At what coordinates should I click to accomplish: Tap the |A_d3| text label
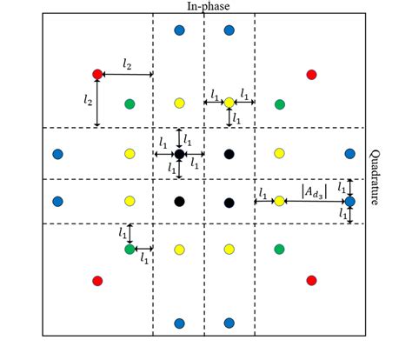pyautogui.click(x=314, y=190)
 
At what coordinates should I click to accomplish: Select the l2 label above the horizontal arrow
pyautogui.click(x=127, y=65)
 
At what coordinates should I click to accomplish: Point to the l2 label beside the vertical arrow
pyautogui.click(x=88, y=101)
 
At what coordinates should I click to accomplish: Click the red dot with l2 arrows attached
pyautogui.click(x=97, y=75)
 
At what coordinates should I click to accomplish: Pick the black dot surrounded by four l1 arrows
pyautogui.click(x=179, y=155)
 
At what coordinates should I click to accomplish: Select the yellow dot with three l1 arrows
pyautogui.click(x=229, y=103)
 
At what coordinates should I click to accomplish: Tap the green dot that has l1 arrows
pyautogui.click(x=130, y=250)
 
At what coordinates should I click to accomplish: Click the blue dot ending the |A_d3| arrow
pyautogui.click(x=349, y=202)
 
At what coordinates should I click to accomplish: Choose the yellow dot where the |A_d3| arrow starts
pyautogui.click(x=279, y=202)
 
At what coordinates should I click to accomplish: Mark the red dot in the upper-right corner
pyautogui.click(x=312, y=75)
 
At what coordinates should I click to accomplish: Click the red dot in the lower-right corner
pyautogui.click(x=312, y=280)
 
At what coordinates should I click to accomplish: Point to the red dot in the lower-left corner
pyautogui.click(x=97, y=280)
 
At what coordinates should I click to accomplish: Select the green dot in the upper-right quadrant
pyautogui.click(x=280, y=104)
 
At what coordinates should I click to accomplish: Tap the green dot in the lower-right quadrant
pyautogui.click(x=280, y=250)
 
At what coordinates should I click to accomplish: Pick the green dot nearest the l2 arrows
pyautogui.click(x=130, y=104)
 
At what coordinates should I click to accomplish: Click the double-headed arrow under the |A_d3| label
pyautogui.click(x=314, y=202)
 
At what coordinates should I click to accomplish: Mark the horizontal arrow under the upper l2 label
pyautogui.click(x=127, y=75)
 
